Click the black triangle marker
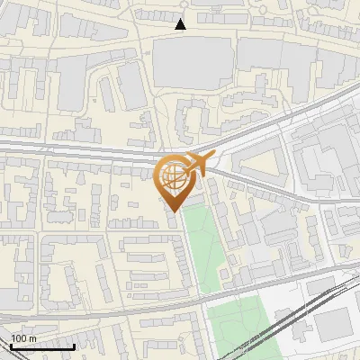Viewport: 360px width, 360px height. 181,24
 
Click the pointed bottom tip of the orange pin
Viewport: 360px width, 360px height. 174,211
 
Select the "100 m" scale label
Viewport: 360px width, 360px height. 23,338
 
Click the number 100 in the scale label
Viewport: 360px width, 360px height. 18,338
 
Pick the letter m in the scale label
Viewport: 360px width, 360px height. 32,338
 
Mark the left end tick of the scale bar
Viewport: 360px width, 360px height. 11,345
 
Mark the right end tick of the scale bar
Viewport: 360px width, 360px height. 74,345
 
